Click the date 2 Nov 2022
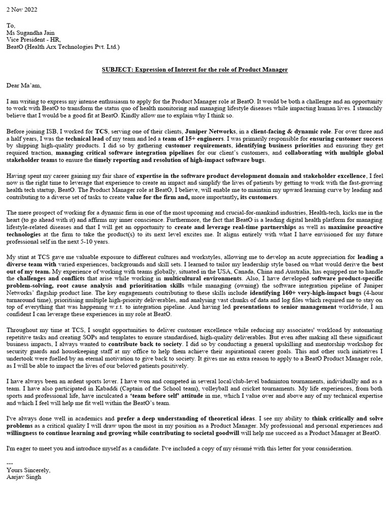coord(22,10)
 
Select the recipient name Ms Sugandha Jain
coord(30,33)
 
